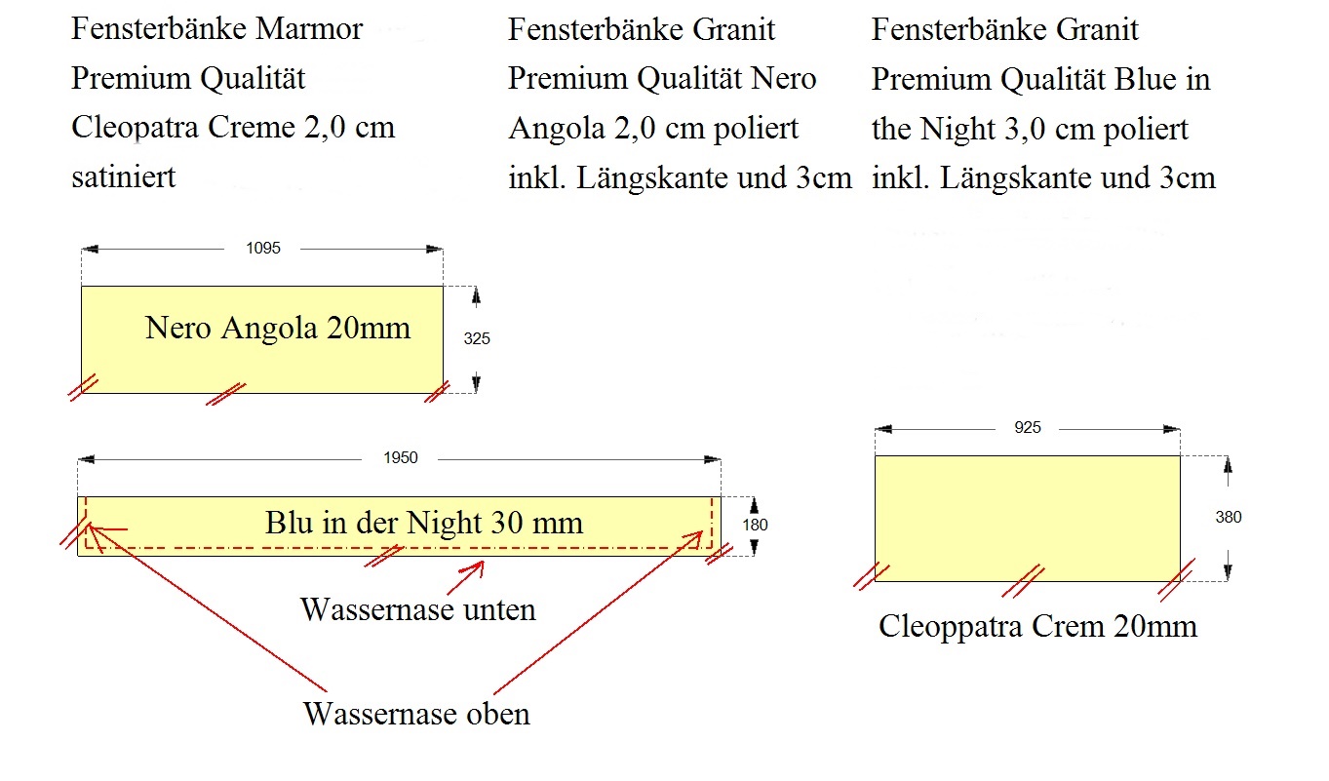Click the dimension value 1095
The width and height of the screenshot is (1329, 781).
pyautogui.click(x=263, y=248)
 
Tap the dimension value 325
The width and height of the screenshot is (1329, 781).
pyautogui.click(x=477, y=339)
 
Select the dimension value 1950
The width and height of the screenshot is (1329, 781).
pyautogui.click(x=401, y=457)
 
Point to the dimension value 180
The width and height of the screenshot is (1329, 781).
pyautogui.click(x=755, y=525)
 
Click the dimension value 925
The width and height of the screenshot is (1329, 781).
pyautogui.click(x=1028, y=427)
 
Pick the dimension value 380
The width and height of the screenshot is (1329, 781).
pyautogui.click(x=1229, y=517)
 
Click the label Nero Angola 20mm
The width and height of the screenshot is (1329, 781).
pyautogui.click(x=278, y=329)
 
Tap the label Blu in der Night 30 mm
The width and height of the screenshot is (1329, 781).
pyautogui.click(x=423, y=523)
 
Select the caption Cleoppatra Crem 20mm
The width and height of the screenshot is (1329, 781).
pyautogui.click(x=1037, y=627)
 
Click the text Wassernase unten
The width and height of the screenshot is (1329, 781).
pyautogui.click(x=418, y=609)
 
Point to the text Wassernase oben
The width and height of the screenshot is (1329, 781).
pyautogui.click(x=416, y=714)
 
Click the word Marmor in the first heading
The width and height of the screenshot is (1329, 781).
pyautogui.click(x=309, y=28)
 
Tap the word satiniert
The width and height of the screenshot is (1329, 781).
pyautogui.click(x=124, y=176)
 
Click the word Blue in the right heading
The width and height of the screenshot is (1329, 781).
pyautogui.click(x=1145, y=79)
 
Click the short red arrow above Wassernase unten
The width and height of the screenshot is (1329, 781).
pyautogui.click(x=466, y=577)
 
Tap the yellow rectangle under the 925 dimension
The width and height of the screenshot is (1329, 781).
pyautogui.click(x=1028, y=519)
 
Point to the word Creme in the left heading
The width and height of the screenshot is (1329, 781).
pyautogui.click(x=252, y=127)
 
